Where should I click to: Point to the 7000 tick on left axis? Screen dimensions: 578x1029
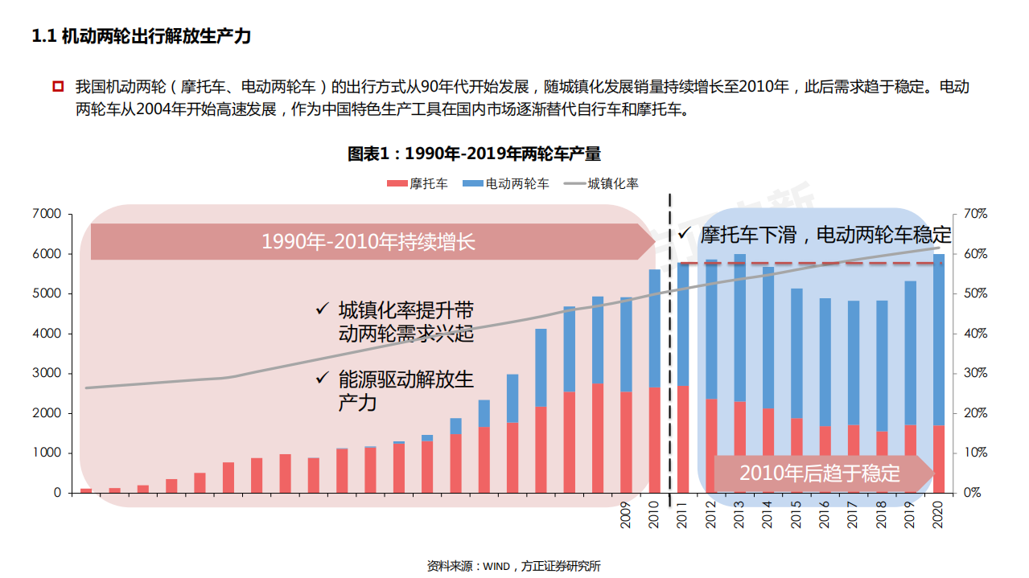[x=47, y=214]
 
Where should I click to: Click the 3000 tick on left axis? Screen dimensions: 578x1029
[x=47, y=373]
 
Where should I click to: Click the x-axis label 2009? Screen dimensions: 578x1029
[x=626, y=516]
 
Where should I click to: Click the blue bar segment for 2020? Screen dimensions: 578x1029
[x=938, y=338]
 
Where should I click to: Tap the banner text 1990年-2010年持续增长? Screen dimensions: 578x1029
[x=368, y=241]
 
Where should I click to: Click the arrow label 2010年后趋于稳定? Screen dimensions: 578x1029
[x=820, y=473]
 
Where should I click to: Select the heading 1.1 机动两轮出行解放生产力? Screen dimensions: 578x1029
[x=141, y=37]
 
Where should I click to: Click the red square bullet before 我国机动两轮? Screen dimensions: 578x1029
[x=58, y=86]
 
